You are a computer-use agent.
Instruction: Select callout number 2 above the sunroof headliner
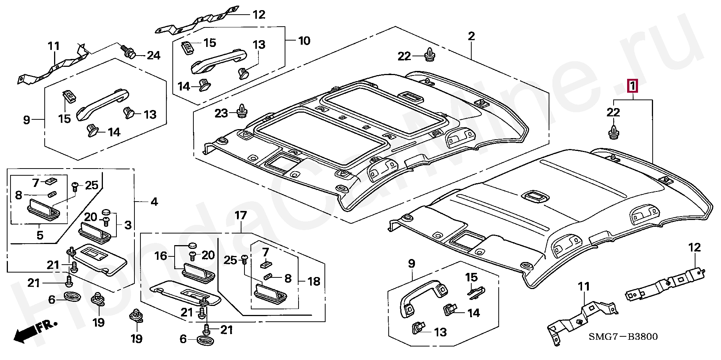pyautogui.click(x=471, y=36)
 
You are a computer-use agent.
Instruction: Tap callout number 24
pyautogui.click(x=153, y=56)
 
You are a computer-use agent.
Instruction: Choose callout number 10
pyautogui.click(x=304, y=41)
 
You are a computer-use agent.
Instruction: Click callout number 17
pyautogui.click(x=241, y=215)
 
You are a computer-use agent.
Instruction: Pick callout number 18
pyautogui.click(x=314, y=281)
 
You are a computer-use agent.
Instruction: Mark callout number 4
pyautogui.click(x=154, y=202)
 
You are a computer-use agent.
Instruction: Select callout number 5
pyautogui.click(x=40, y=235)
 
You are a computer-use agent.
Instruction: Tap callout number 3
pyautogui.click(x=128, y=225)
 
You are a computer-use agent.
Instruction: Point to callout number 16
pyautogui.click(x=161, y=256)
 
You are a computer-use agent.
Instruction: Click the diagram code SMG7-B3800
pyautogui.click(x=623, y=337)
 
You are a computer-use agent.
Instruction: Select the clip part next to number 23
pyautogui.click(x=241, y=110)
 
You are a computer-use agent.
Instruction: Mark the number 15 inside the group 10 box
pyautogui.click(x=210, y=43)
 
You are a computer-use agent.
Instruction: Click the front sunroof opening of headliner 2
pyautogui.click(x=321, y=137)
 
